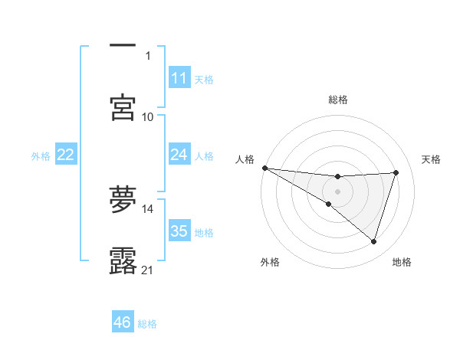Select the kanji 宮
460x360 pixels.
point(123,108)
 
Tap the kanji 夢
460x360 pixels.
point(123,199)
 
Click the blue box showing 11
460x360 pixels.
point(179,78)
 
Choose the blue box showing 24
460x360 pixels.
point(179,155)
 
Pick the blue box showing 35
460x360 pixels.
point(179,231)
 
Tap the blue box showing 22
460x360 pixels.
point(66,155)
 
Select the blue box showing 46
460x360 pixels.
point(123,322)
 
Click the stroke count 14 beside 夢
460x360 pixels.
point(148,208)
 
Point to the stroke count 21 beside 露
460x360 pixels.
point(148,270)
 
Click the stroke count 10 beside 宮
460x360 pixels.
point(148,116)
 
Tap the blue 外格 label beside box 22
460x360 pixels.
point(41,156)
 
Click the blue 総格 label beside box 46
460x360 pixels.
point(147,324)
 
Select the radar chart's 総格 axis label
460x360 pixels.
point(337,100)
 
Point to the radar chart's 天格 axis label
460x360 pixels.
point(432,159)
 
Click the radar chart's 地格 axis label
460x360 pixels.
point(402,262)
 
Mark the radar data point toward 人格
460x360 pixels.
point(264,168)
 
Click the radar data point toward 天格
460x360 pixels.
point(396,172)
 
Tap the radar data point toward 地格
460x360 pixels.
point(373,242)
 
